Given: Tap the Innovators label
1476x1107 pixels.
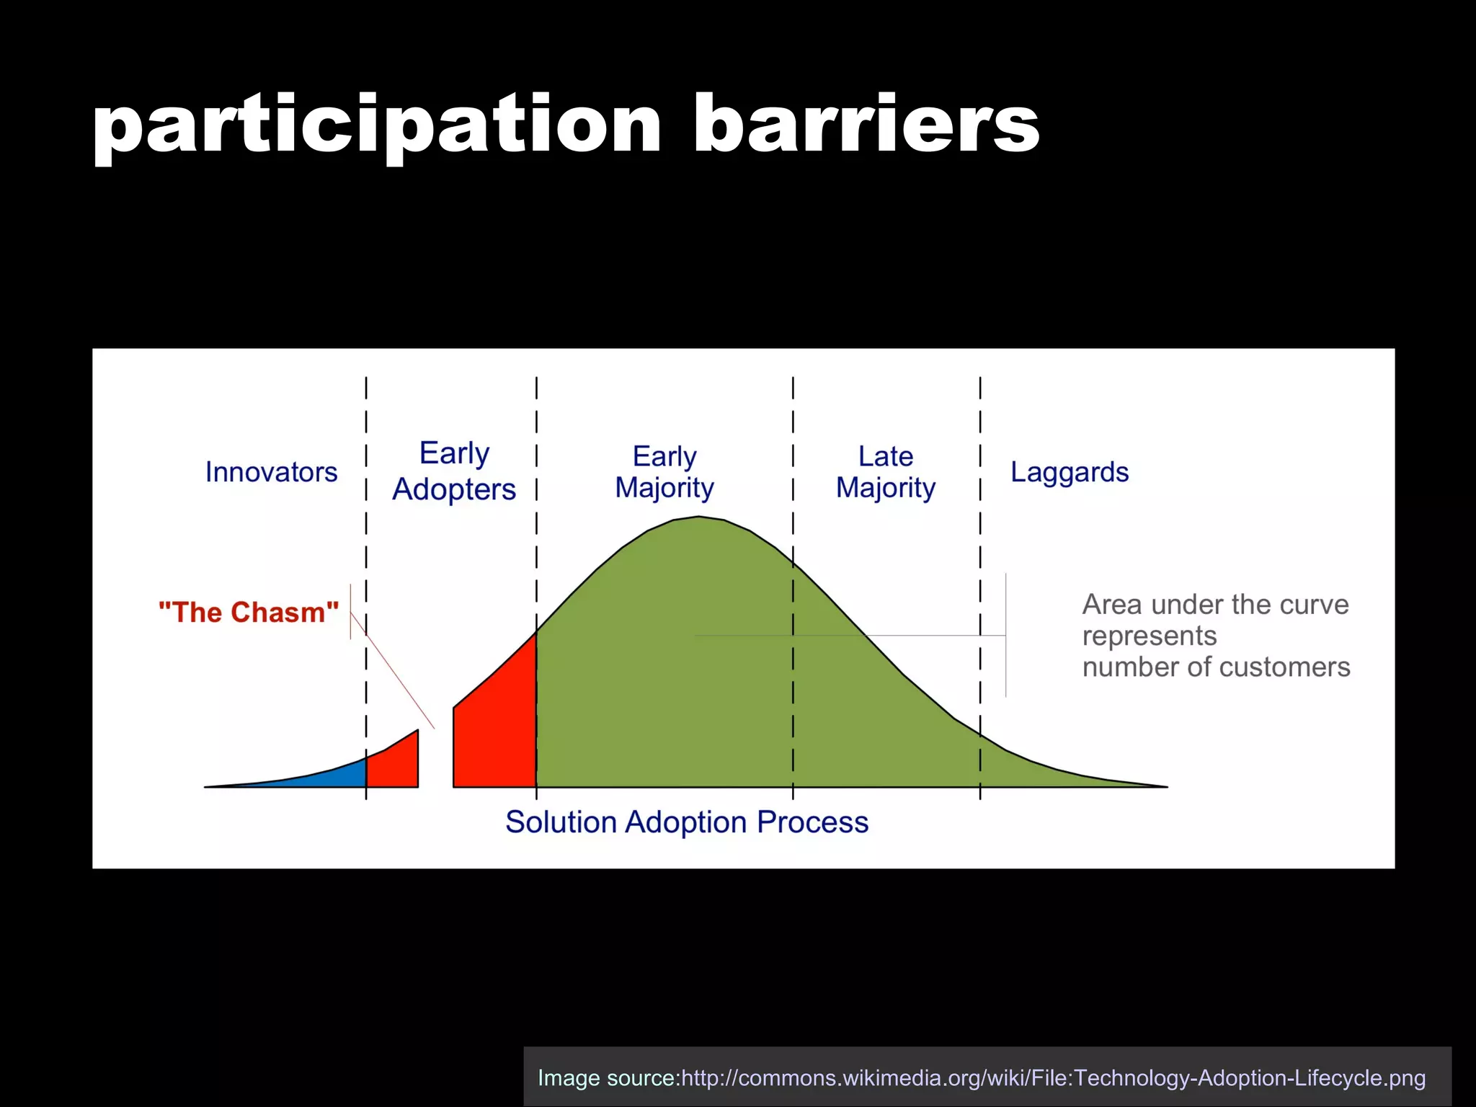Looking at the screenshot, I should (271, 472).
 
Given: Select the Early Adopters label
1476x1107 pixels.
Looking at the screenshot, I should (454, 471).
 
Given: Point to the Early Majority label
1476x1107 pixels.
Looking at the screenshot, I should (664, 472).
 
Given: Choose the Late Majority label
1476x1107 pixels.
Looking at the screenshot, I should (885, 472).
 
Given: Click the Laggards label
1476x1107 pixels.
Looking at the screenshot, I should (1069, 472).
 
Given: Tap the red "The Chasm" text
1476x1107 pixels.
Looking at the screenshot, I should (249, 613).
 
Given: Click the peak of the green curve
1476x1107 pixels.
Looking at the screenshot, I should (698, 520).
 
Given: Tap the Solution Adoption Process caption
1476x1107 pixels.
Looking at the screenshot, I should (687, 822).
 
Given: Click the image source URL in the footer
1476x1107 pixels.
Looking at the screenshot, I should (1053, 1078).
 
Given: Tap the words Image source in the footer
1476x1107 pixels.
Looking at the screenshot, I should (608, 1078).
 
